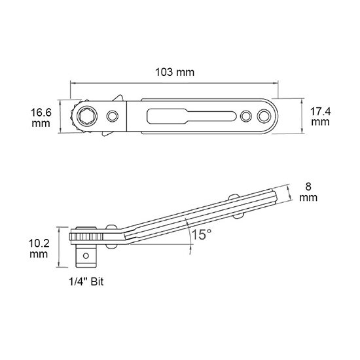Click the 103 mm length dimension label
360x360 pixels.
click(175, 72)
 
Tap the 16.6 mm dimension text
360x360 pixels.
click(41, 118)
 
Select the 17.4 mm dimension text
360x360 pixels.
click(321, 117)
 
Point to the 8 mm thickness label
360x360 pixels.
click(308, 192)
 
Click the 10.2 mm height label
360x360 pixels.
click(39, 249)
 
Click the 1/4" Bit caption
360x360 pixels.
click(86, 281)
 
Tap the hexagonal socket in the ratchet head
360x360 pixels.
click(87, 116)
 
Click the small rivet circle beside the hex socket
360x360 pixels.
click(113, 116)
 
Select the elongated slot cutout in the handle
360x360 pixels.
click(192, 116)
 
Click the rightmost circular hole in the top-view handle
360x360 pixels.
click(264, 116)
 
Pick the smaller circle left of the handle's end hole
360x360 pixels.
click(246, 116)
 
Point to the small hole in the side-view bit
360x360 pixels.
click(86, 255)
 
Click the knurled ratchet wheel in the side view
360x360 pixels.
click(86, 236)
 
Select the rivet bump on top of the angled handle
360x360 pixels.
click(234, 197)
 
